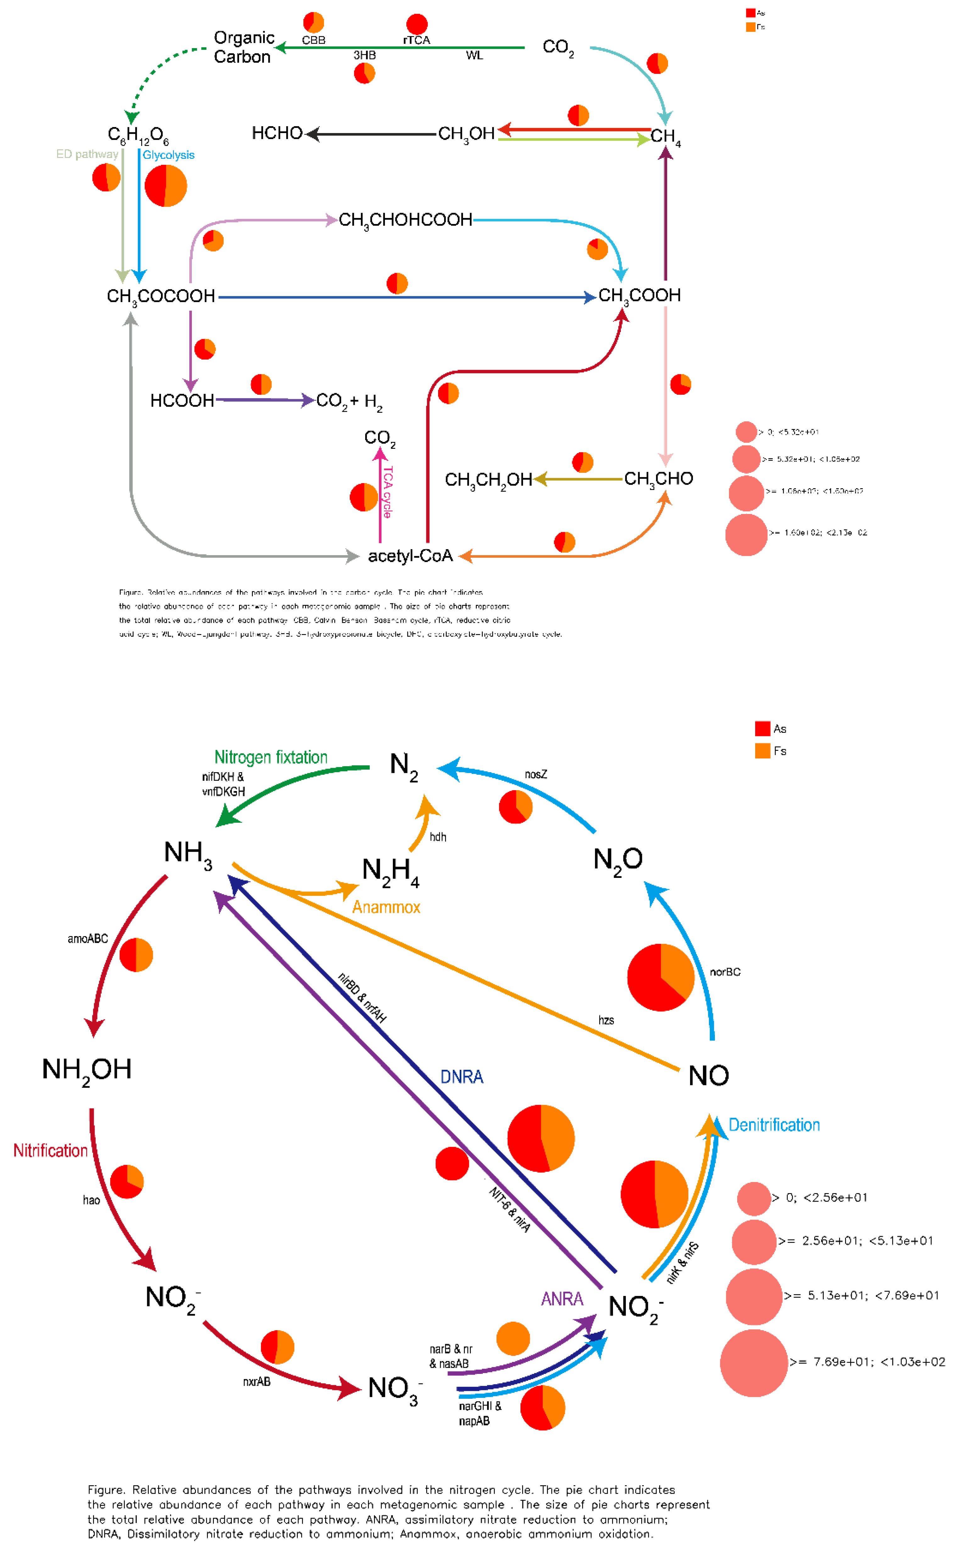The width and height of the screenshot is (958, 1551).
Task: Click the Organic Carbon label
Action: (x=244, y=47)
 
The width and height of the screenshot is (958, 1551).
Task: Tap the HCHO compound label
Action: (x=277, y=133)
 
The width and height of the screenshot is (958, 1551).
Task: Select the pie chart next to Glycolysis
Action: (x=166, y=186)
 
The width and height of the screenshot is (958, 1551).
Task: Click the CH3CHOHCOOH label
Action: (x=405, y=220)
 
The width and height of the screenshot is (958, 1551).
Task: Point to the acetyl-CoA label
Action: (x=410, y=556)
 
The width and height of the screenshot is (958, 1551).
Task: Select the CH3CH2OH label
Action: (x=488, y=480)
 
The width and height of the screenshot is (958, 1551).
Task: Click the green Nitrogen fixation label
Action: (x=270, y=757)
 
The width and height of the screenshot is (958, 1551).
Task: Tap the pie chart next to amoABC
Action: (x=136, y=955)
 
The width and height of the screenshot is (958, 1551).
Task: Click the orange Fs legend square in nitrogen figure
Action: (x=762, y=751)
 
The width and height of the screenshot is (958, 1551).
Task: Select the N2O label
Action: (x=618, y=860)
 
